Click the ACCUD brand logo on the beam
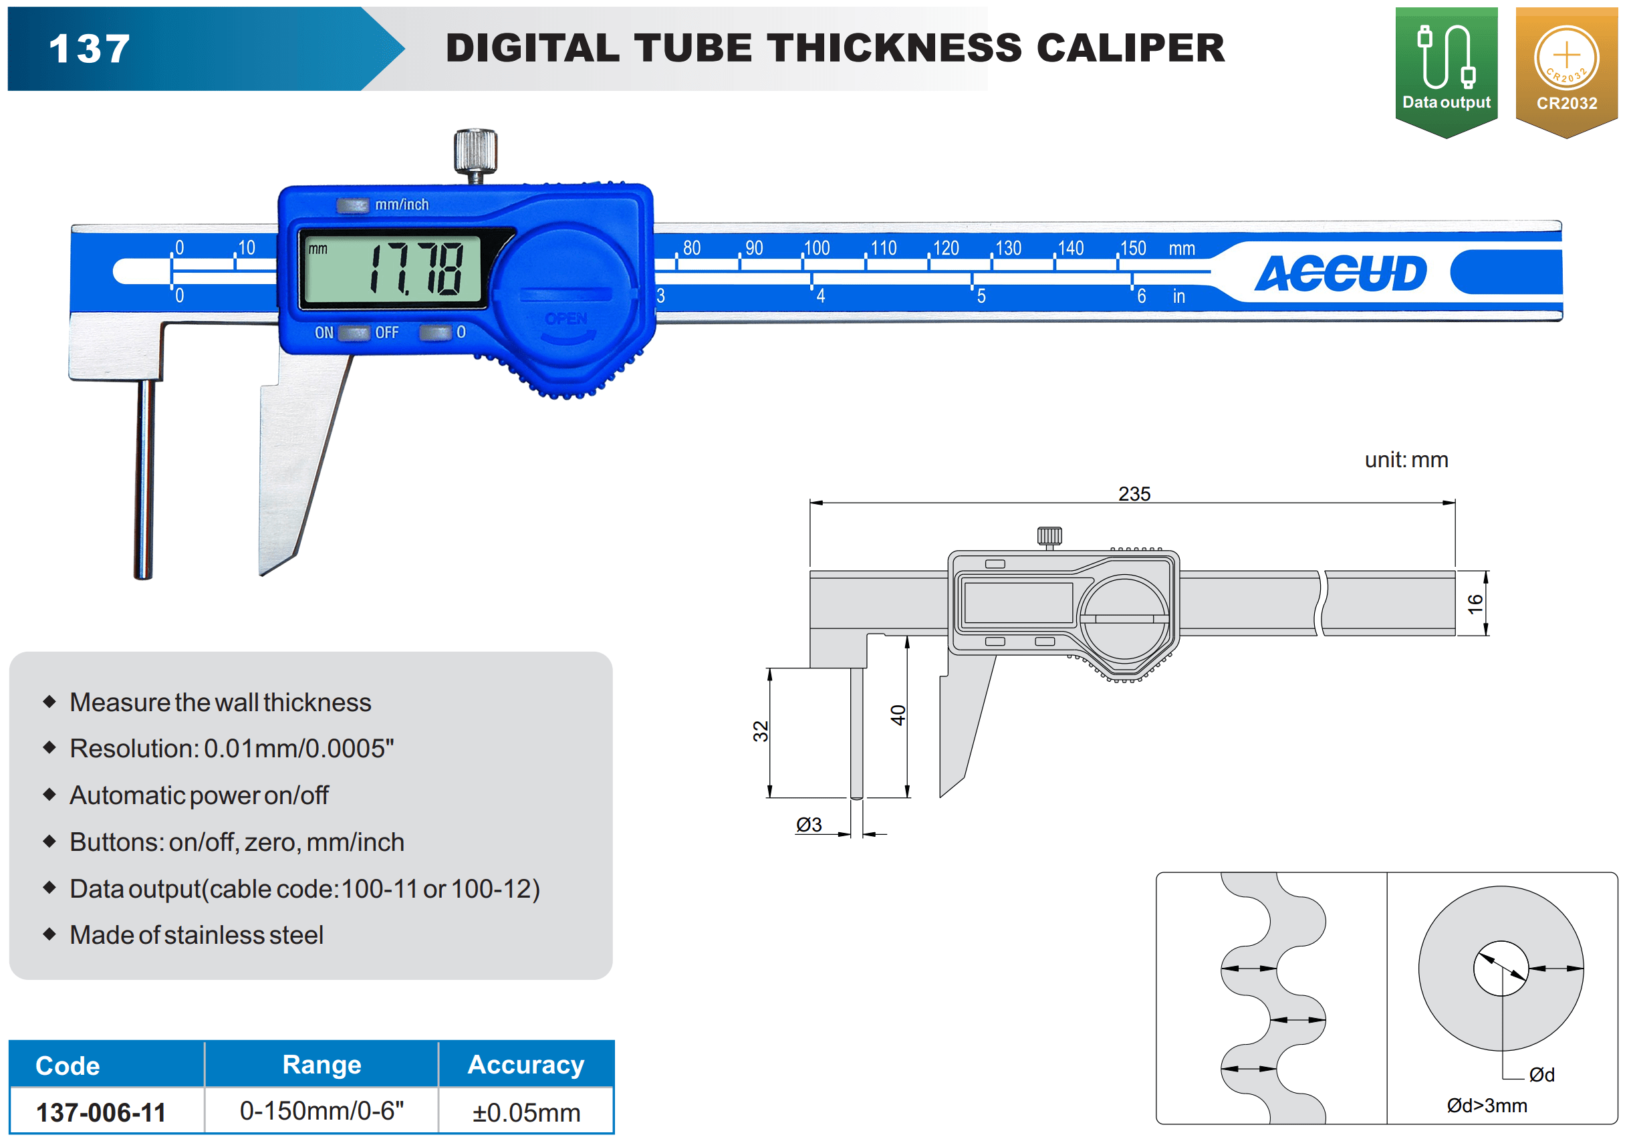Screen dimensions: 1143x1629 tap(1340, 273)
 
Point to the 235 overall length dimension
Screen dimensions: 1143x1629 tap(1134, 494)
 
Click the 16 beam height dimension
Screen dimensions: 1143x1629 tap(1475, 604)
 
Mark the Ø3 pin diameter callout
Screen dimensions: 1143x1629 tap(809, 824)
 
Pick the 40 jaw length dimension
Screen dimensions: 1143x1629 tap(898, 715)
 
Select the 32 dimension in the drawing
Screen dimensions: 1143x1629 tap(761, 731)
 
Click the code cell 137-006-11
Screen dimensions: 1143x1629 tap(102, 1112)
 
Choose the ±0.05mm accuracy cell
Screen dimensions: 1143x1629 tap(527, 1112)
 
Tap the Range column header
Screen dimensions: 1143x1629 tap(322, 1064)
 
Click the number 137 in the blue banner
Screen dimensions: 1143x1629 tap(90, 49)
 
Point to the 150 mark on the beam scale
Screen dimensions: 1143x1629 tap(1133, 249)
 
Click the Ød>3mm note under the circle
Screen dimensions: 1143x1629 tap(1487, 1106)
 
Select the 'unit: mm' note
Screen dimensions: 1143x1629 tap(1406, 460)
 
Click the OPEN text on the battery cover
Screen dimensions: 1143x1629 tap(566, 319)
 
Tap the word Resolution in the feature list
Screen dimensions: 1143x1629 tap(132, 749)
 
